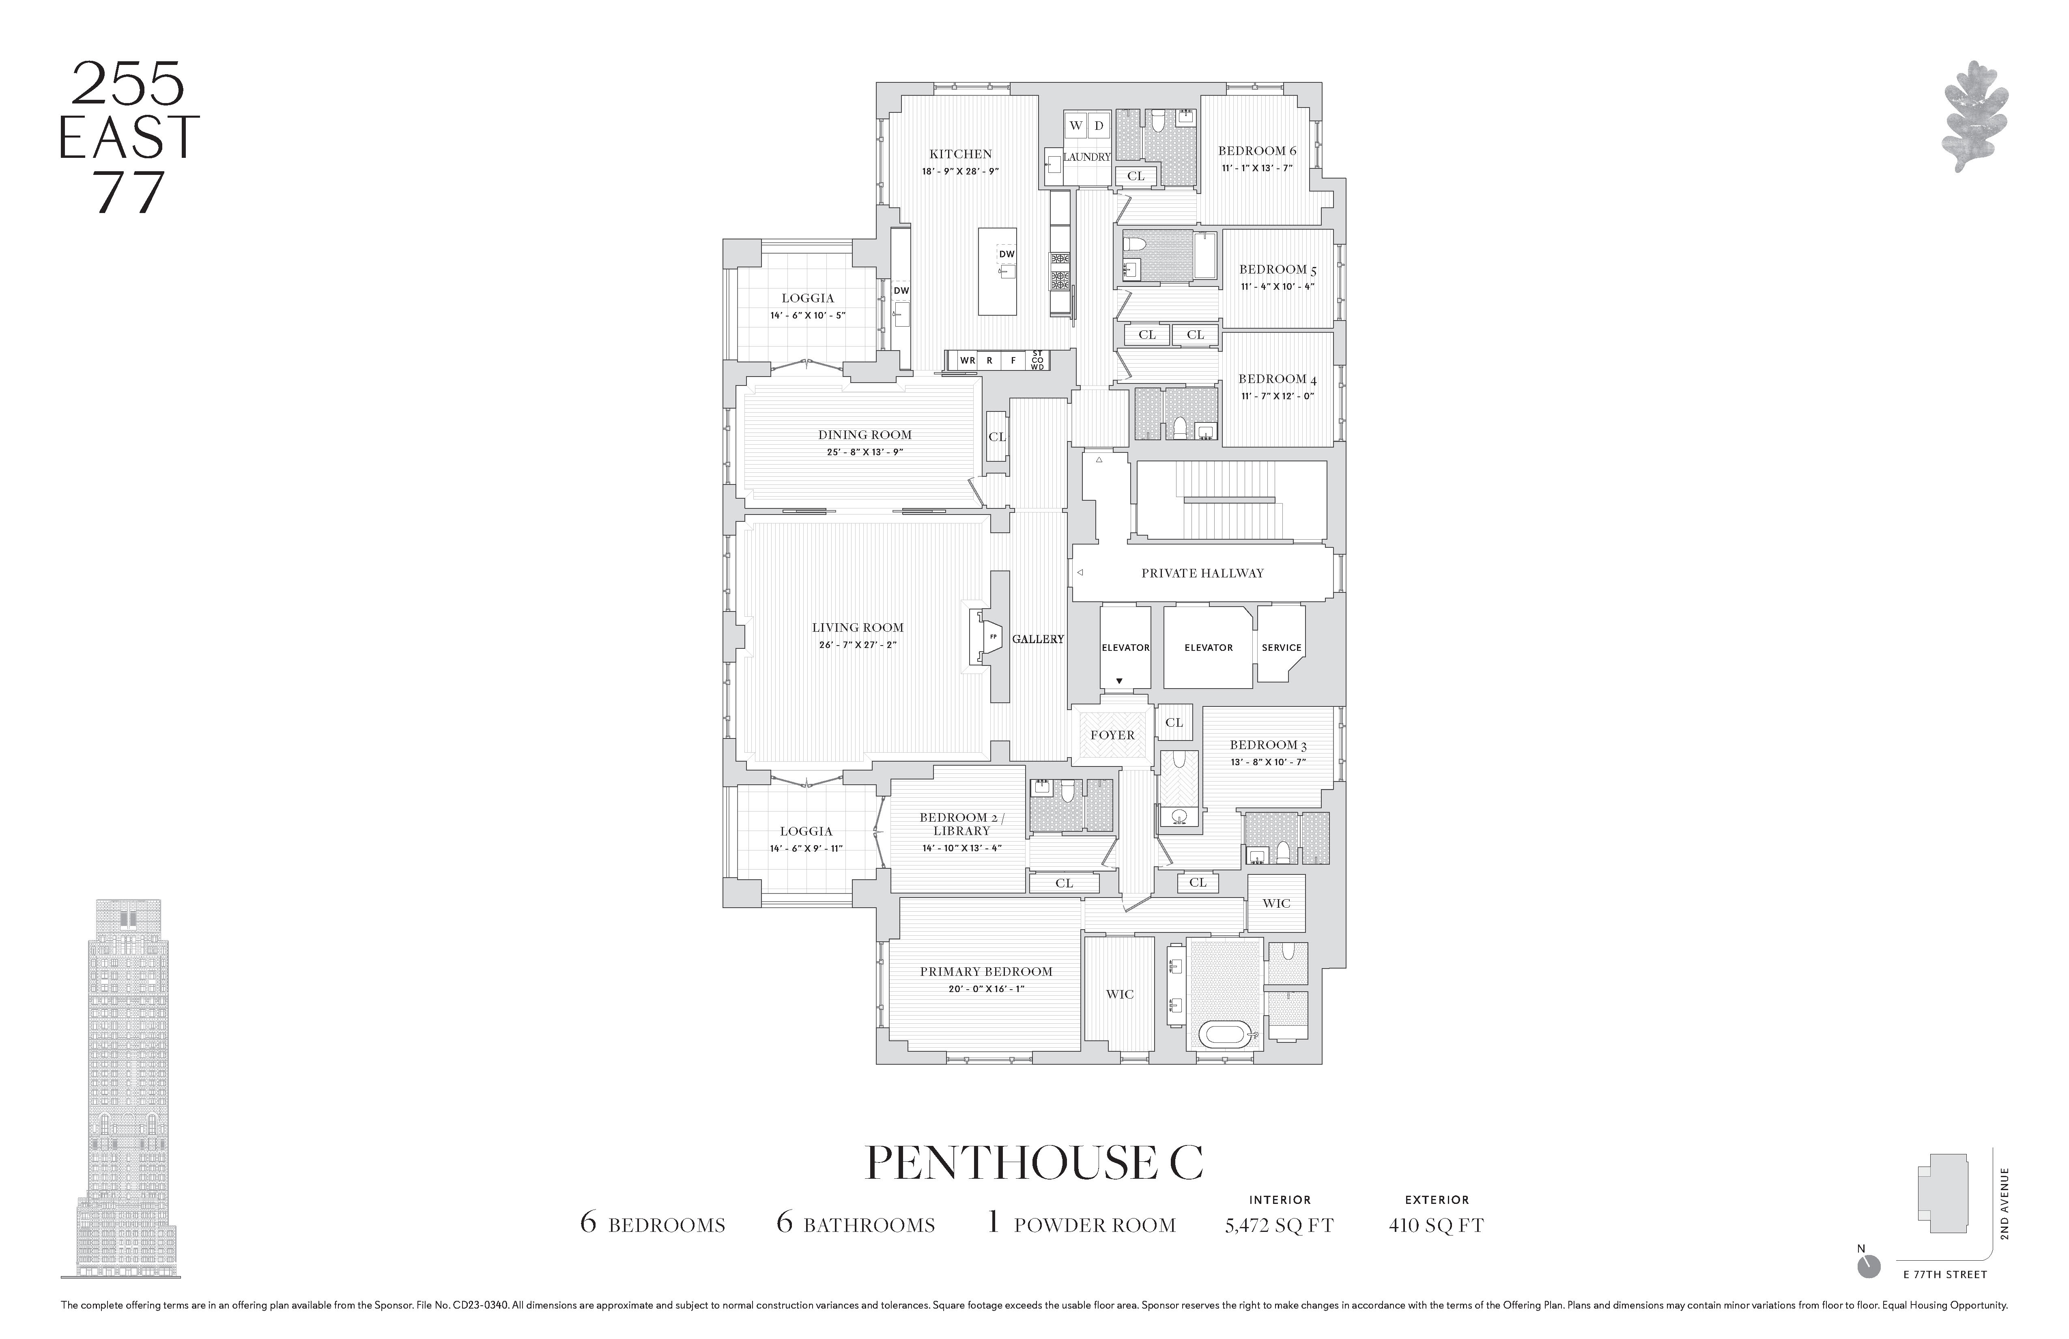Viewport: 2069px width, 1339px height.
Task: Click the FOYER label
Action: [1112, 735]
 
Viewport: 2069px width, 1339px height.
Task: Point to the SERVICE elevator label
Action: [1282, 648]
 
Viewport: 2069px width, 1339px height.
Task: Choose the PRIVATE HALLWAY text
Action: [1202, 573]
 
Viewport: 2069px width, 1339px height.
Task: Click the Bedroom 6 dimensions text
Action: [1256, 168]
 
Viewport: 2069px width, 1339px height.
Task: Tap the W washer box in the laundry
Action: [1075, 125]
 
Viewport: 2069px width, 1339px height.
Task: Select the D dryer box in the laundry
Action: [1099, 125]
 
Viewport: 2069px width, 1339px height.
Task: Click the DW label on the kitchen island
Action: [1007, 254]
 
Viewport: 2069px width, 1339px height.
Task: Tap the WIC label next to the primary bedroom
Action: [1120, 994]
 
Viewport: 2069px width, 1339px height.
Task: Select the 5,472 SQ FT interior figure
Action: [1279, 1226]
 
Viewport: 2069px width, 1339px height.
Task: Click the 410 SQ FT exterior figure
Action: [1436, 1226]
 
